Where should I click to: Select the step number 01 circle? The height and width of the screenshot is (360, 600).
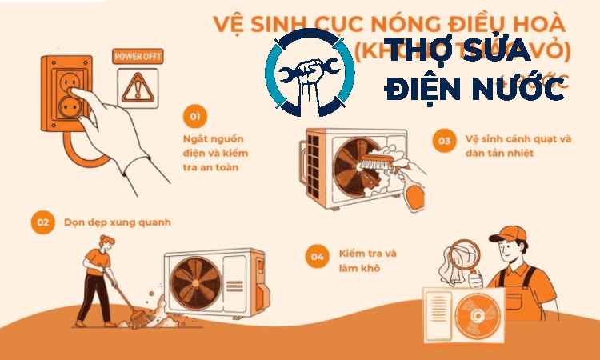[x=194, y=117]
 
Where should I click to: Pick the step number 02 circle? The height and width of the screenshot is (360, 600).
[x=42, y=222]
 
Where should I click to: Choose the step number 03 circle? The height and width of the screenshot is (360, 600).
[x=443, y=142]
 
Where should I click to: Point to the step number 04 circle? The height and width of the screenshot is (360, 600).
[x=318, y=257]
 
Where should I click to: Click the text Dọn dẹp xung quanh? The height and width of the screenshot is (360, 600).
[x=118, y=222]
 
